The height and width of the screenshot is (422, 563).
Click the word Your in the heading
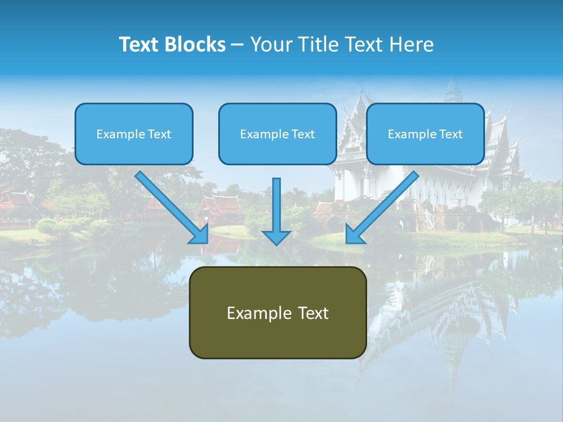tap(270, 45)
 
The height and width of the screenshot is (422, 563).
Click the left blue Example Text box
tap(134, 134)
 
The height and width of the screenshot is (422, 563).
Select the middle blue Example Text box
tap(277, 134)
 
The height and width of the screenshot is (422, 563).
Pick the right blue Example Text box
tap(425, 134)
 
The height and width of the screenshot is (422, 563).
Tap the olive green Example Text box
tap(277, 312)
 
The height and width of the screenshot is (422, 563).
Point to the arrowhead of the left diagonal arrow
tap(199, 234)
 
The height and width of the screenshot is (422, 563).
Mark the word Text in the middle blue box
tap(303, 134)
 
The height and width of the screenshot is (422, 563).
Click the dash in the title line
tap(238, 45)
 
